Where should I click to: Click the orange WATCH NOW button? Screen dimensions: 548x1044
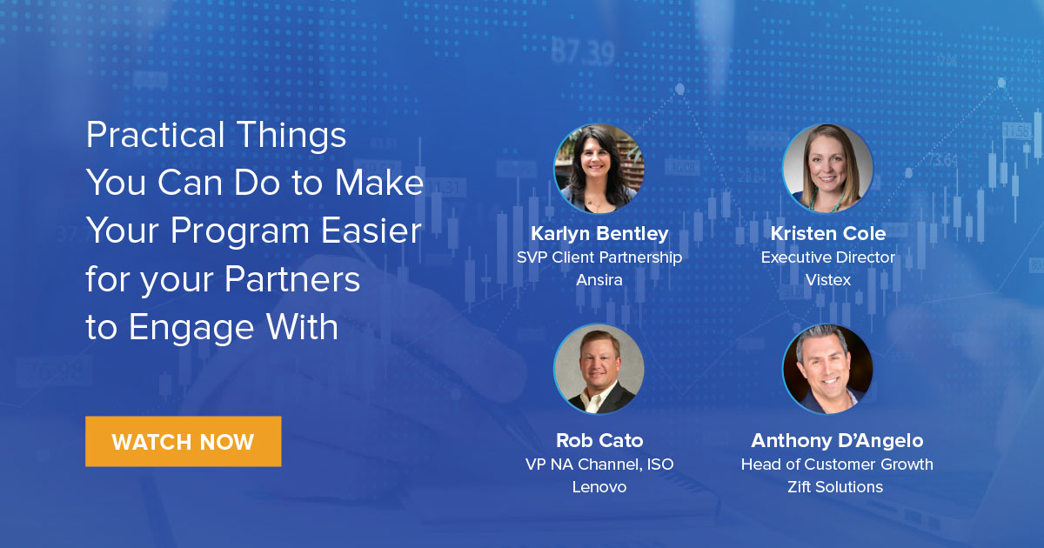click(x=183, y=441)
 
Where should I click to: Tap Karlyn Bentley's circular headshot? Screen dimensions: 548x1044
click(x=599, y=169)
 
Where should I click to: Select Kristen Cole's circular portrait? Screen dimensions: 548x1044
click(x=827, y=169)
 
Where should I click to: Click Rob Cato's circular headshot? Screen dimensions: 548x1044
click(x=599, y=369)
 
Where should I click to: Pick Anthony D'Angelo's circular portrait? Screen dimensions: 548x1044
click(x=827, y=369)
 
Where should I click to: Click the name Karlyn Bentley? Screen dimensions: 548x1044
click(x=599, y=233)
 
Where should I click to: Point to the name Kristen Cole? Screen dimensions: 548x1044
click(x=827, y=233)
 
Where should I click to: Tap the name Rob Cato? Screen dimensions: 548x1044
click(x=599, y=440)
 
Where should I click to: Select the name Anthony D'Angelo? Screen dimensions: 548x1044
click(x=836, y=440)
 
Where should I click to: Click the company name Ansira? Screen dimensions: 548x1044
click(x=599, y=280)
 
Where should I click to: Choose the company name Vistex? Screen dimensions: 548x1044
click(x=827, y=280)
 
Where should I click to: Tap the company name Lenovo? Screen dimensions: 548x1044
click(x=599, y=487)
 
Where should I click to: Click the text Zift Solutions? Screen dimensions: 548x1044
click(x=836, y=487)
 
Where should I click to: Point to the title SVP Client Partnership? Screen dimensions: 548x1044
click(x=599, y=257)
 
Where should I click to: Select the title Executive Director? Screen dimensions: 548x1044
click(x=827, y=257)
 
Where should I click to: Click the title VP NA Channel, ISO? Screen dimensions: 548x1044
click(x=599, y=464)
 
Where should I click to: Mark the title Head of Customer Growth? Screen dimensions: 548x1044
click(x=836, y=464)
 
